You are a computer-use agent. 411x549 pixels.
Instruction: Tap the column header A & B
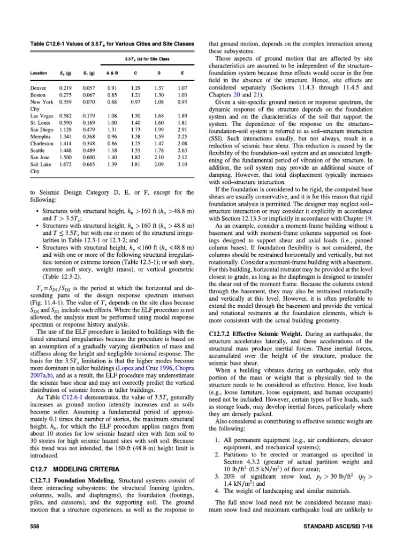[112, 72]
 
